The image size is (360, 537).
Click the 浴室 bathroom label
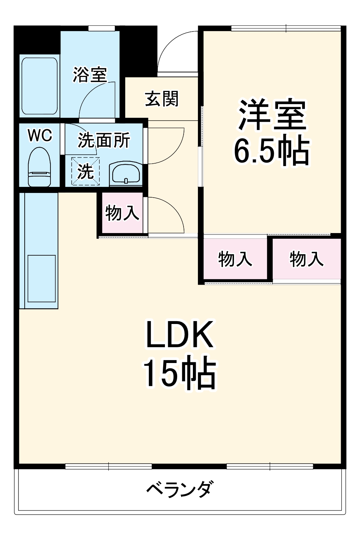[90, 75]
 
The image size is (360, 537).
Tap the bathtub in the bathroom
[39, 86]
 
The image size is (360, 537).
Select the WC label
[40, 136]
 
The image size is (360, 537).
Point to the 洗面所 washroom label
[104, 140]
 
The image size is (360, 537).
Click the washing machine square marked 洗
[86, 171]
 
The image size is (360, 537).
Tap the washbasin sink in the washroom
[126, 174]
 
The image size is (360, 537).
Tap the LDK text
[179, 335]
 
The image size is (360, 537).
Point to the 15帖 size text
[180, 374]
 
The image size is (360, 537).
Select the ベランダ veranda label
[180, 489]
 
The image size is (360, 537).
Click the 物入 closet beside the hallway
[122, 213]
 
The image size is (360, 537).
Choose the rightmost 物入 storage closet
[307, 258]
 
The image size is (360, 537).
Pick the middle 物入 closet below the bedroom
[235, 258]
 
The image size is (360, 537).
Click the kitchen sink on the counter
[42, 279]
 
